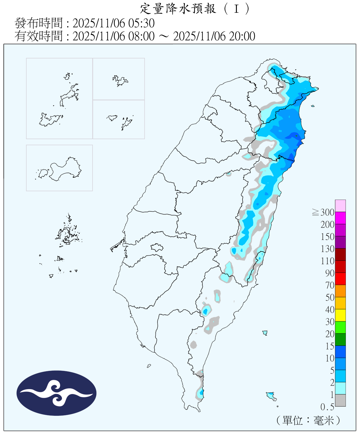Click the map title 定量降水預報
[178, 9]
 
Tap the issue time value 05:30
[144, 23]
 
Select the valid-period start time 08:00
[141, 36]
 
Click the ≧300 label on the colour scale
[324, 212]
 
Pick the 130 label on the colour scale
[327, 249]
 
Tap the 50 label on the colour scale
[330, 297]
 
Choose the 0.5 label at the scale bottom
[327, 407]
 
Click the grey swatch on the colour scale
[340, 400]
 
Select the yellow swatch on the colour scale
[340, 315]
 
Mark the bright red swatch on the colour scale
[340, 279]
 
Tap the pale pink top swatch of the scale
[340, 206]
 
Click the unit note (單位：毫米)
[308, 420]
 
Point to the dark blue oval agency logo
[56, 393]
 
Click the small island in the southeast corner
[271, 396]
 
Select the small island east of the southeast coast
[265, 333]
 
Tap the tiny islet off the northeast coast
[313, 106]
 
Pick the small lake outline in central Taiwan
[157, 247]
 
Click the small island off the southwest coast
[149, 366]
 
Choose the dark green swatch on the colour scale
[340, 339]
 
